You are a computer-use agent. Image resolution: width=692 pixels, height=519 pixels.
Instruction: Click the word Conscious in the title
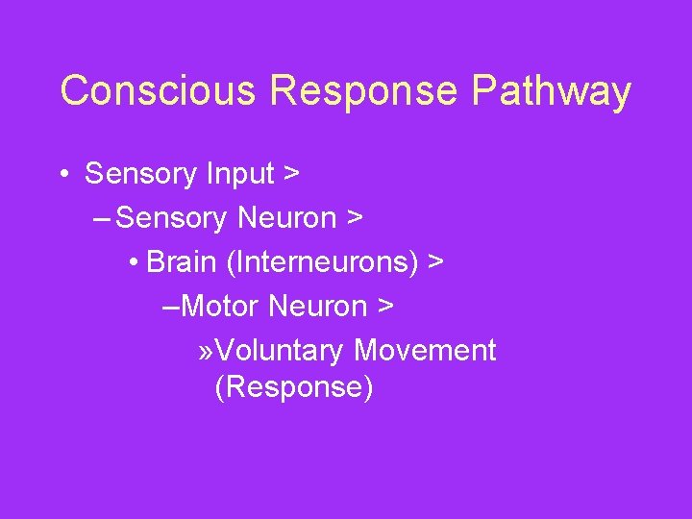(159, 91)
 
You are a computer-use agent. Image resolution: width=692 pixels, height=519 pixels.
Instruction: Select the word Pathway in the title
(552, 91)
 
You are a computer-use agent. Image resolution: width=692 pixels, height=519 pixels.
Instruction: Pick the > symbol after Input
(290, 175)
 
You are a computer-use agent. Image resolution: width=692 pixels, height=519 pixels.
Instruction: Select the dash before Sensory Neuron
(103, 219)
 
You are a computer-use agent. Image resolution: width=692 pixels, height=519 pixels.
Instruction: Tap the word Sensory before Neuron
(171, 219)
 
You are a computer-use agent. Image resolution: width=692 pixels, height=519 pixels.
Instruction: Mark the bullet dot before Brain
(132, 262)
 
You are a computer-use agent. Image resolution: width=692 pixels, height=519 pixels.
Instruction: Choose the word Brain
(181, 262)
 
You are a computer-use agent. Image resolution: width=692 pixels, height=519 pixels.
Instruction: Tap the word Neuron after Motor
(318, 307)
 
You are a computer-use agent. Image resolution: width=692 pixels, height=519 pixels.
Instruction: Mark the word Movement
(425, 351)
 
